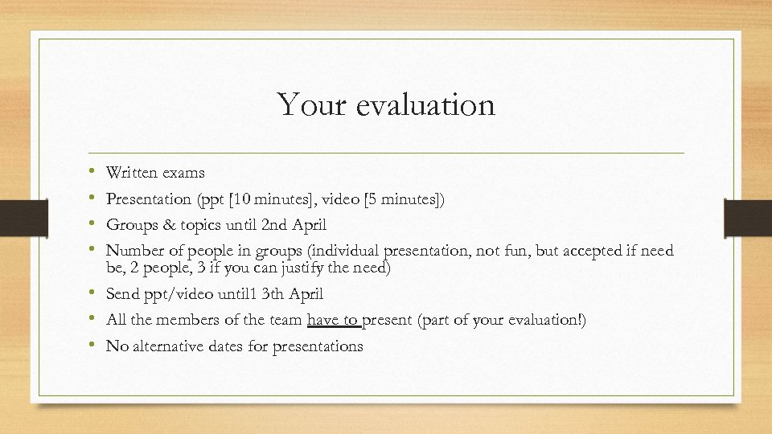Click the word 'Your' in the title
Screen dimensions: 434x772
(x=305, y=104)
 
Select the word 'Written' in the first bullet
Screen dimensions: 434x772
(x=131, y=172)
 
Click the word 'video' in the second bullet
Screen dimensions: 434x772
(x=359, y=198)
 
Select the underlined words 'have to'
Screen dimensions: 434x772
(x=334, y=320)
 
